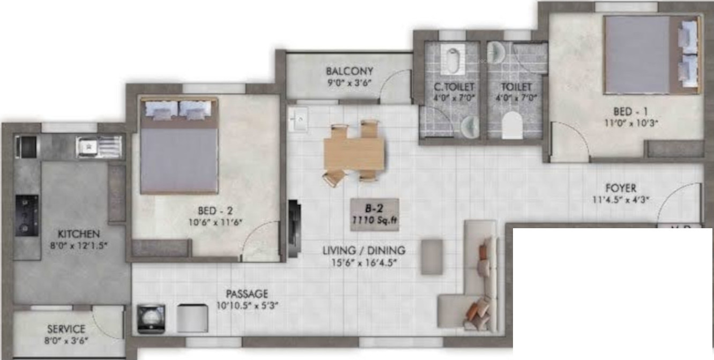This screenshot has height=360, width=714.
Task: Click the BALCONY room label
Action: coord(349,71)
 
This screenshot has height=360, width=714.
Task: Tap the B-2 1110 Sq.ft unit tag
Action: coord(375,214)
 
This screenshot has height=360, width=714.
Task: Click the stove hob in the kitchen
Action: coord(27,215)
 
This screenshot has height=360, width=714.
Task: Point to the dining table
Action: coord(354,154)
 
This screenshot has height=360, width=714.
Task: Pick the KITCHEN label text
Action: coord(79,234)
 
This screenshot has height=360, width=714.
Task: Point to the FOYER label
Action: coord(621,188)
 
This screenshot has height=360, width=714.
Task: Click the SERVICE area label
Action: coord(66,329)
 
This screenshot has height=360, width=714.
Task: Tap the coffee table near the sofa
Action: coord(432,257)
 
